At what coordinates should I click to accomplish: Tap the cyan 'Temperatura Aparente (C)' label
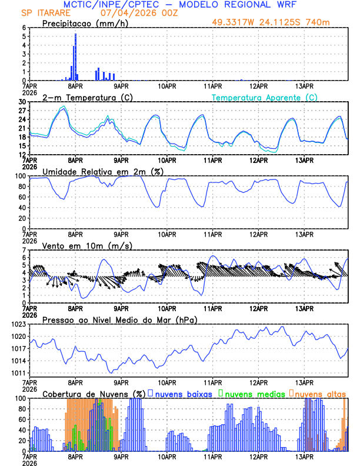click(265, 97)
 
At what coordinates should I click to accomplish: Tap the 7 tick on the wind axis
click(25, 250)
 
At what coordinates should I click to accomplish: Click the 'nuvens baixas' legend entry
click(182, 393)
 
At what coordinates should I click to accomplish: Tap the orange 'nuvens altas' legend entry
click(320, 393)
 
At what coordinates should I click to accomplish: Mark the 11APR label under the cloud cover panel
click(212, 456)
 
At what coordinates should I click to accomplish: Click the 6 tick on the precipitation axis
click(25, 28)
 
